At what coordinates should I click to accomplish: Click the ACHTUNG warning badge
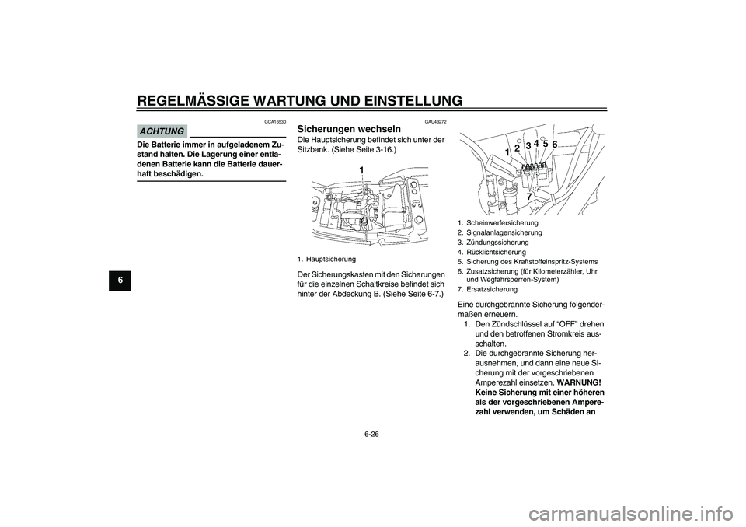point(162,131)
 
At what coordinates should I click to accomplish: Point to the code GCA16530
point(275,122)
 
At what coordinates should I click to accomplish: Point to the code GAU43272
point(435,122)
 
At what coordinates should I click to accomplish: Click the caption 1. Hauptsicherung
point(326,258)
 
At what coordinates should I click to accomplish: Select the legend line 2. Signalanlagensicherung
point(500,232)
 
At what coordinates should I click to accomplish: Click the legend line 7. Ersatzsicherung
point(486,288)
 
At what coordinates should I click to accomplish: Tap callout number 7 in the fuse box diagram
point(528,197)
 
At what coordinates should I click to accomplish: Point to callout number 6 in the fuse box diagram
point(555,145)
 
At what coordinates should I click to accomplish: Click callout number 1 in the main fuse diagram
point(361,169)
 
